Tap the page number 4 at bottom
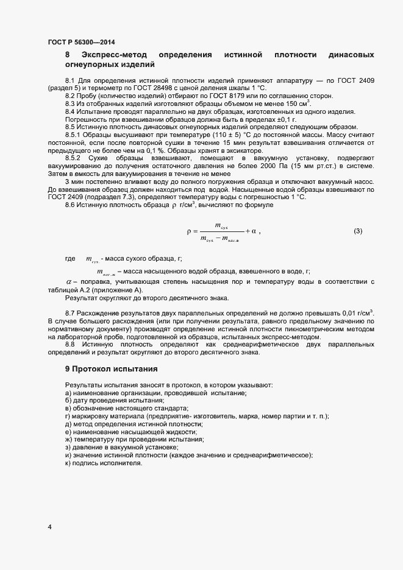pos(49,527)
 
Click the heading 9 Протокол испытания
pos(112,368)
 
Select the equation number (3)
pos(358,231)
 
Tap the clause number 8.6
pos(72,206)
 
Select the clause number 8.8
pos(72,344)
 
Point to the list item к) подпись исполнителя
pos(103,463)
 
